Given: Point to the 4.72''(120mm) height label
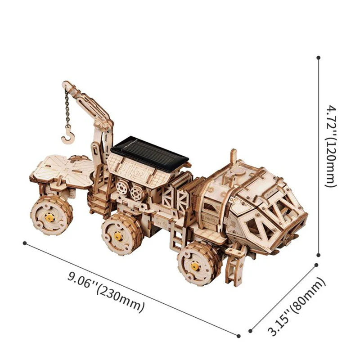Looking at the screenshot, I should [x=332, y=147].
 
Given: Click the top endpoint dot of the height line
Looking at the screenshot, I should [x=319, y=58].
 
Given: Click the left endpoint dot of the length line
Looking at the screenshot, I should [x=25, y=243].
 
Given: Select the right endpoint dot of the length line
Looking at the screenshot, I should [x=238, y=335].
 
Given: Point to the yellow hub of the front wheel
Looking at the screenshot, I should [x=194, y=266].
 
